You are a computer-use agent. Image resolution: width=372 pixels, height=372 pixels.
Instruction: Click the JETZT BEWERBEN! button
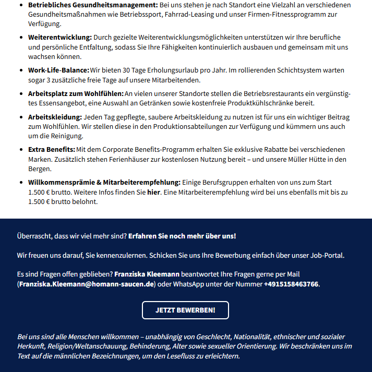click(185, 310)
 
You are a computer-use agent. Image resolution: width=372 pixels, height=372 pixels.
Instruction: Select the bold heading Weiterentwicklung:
click(60, 37)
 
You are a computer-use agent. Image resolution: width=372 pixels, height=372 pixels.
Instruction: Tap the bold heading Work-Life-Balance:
click(58, 70)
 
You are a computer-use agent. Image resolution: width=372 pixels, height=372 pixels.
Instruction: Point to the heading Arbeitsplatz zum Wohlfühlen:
click(76, 93)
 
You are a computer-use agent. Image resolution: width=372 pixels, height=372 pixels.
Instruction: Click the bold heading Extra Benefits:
click(52, 150)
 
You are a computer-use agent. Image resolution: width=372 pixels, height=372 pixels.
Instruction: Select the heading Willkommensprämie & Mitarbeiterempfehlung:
click(104, 182)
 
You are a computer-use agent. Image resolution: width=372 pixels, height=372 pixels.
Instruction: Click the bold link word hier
click(153, 192)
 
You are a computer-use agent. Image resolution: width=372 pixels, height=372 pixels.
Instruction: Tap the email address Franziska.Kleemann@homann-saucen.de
click(87, 284)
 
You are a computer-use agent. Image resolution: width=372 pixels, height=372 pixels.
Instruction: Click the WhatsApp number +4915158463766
click(291, 284)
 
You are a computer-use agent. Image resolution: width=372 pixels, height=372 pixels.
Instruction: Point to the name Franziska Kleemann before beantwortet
click(147, 274)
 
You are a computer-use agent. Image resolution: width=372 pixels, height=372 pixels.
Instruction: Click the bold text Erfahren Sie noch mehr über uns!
click(182, 236)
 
